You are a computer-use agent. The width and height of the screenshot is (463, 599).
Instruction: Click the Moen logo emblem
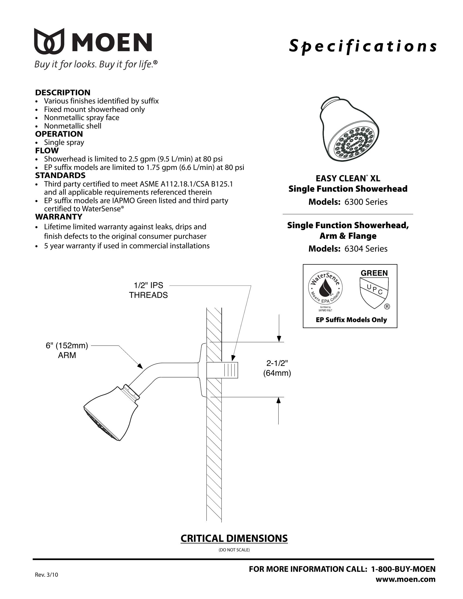pyautogui.click(x=49, y=41)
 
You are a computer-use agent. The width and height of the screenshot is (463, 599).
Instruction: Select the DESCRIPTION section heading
pyautogui.click(x=63, y=92)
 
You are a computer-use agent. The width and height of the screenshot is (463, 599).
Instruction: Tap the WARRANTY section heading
pyautogui.click(x=59, y=217)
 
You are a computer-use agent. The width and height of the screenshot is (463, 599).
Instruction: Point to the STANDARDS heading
pyautogui.click(x=60, y=175)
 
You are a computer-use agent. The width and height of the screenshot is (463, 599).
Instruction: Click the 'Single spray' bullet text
pyautogui.click(x=64, y=142)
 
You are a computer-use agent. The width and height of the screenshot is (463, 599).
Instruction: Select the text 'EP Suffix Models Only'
pyautogui.click(x=351, y=320)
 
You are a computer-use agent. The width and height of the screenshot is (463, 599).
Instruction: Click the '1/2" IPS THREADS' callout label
pyautogui.click(x=148, y=290)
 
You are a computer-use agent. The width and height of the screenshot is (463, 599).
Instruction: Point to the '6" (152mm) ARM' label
pyautogui.click(x=67, y=350)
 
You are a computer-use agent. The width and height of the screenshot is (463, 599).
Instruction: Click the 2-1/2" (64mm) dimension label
pyautogui.click(x=277, y=368)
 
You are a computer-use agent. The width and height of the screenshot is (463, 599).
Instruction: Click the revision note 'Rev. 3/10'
pyautogui.click(x=47, y=575)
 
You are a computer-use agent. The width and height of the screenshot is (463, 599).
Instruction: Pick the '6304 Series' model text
pyautogui.click(x=366, y=249)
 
